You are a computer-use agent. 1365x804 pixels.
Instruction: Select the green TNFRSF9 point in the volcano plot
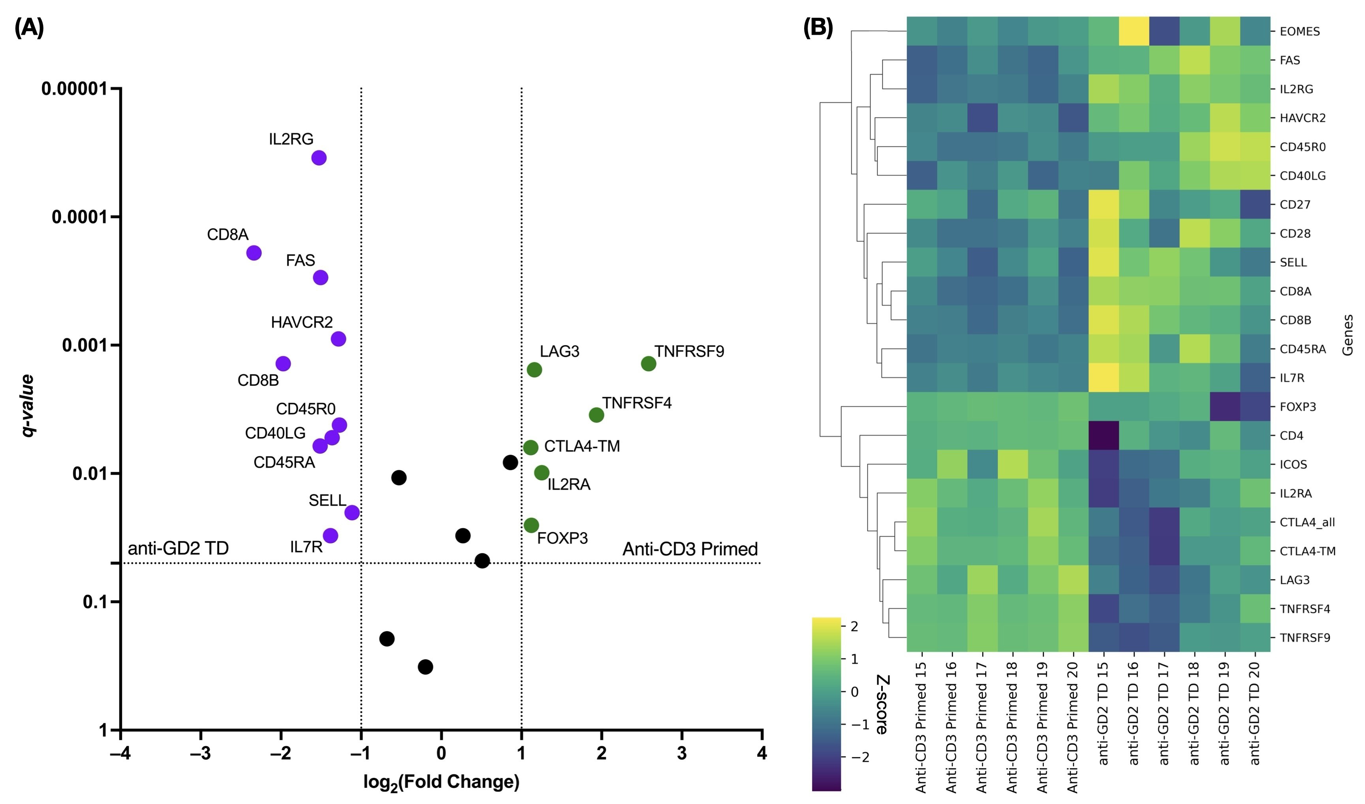(649, 364)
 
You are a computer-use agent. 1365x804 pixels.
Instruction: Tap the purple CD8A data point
(254, 253)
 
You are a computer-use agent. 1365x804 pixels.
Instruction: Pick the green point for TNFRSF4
(596, 415)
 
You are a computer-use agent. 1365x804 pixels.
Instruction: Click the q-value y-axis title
(27, 405)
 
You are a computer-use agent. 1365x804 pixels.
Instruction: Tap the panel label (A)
(29, 27)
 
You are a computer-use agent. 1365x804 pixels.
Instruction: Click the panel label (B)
(818, 27)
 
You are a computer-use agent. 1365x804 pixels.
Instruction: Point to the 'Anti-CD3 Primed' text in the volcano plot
(690, 549)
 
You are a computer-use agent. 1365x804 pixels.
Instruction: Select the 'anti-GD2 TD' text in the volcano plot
(178, 549)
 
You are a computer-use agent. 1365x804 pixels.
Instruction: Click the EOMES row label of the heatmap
(1299, 32)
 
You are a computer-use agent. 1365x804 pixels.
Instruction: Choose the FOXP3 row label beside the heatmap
(1297, 407)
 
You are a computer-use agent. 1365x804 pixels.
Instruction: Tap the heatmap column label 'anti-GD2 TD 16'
(1134, 713)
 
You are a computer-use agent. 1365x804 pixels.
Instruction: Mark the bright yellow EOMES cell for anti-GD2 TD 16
(1134, 31)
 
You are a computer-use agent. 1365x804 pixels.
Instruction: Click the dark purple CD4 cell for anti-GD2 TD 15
(1104, 435)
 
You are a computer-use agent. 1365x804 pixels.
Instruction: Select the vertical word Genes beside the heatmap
(1348, 335)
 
